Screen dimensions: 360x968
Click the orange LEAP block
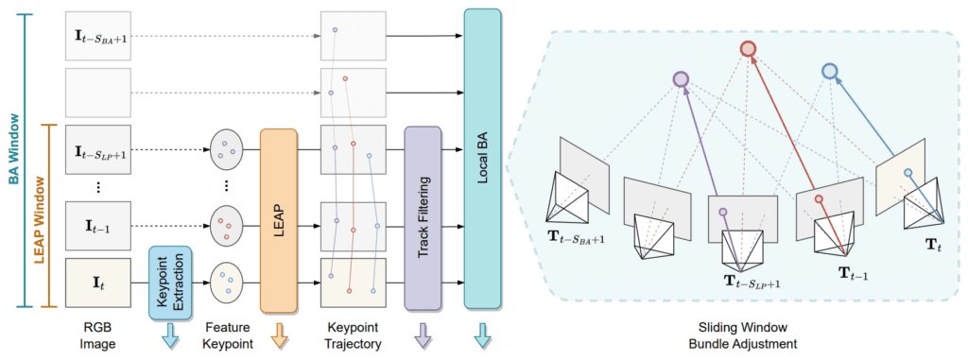point(279,219)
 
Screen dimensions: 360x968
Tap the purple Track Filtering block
point(423,219)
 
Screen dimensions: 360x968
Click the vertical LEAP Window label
point(40,215)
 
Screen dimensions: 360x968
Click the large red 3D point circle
point(748,49)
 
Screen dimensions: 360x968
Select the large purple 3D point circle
point(680,80)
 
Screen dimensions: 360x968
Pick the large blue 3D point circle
point(829,71)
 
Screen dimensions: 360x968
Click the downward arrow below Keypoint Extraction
point(171,332)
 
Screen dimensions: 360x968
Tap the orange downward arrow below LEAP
point(279,332)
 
